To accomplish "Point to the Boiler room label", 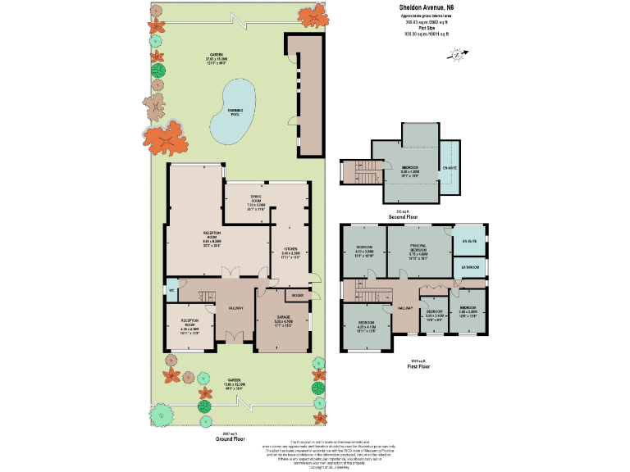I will point(297,295).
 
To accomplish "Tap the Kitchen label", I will point(290,249).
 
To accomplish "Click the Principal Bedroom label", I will point(419,250).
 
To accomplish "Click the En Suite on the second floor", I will point(449,168).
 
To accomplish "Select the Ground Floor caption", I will point(231,438).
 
